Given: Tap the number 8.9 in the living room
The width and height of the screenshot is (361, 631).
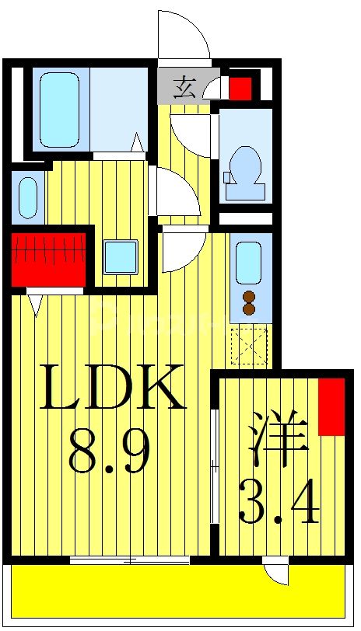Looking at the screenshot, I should [x=109, y=453].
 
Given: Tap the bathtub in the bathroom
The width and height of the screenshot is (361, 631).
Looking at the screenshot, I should [x=59, y=109].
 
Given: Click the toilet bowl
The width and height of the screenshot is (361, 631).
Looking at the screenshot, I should [x=247, y=165].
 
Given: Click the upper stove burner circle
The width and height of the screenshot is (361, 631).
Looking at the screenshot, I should [x=249, y=296].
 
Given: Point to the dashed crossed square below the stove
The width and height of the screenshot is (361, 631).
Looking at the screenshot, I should [x=249, y=347].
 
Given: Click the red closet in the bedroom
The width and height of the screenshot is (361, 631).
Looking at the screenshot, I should [x=331, y=406].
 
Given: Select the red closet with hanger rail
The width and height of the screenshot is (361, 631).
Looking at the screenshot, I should [x=48, y=258].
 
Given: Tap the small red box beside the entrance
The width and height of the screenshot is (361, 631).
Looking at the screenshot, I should [x=240, y=87].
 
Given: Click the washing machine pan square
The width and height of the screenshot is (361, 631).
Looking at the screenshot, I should [x=121, y=257].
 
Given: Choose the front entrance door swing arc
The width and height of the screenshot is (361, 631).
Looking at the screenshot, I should [x=184, y=35].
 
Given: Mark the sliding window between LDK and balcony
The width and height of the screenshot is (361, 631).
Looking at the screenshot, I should [x=130, y=560].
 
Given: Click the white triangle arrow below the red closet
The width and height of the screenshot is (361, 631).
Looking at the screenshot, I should [x=35, y=304].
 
